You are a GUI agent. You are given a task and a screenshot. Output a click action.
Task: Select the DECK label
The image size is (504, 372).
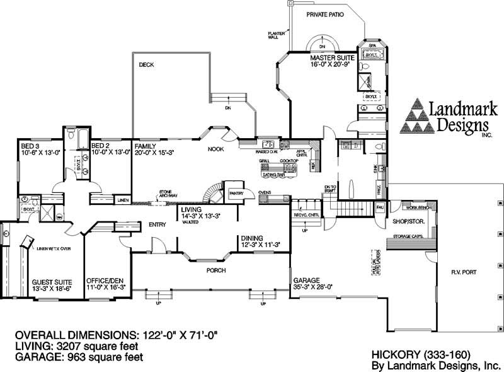[x=146, y=64]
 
